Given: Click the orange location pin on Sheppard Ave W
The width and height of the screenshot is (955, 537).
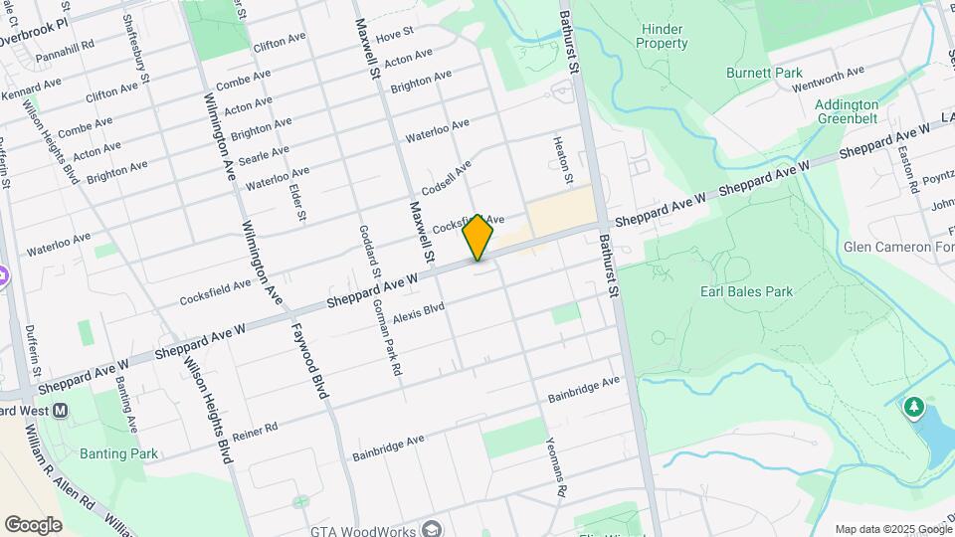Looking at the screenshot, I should (x=477, y=237).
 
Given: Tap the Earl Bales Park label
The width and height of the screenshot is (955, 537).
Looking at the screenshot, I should (x=746, y=291).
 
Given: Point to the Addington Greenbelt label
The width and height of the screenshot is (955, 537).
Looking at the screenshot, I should (x=846, y=111).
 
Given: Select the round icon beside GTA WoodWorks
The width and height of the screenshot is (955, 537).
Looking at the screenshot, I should (x=431, y=528).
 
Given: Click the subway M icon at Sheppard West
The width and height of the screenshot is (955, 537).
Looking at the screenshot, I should (x=61, y=410).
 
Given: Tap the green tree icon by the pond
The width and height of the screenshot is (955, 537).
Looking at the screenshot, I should (x=913, y=407).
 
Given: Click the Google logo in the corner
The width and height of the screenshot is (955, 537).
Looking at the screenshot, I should (x=32, y=525).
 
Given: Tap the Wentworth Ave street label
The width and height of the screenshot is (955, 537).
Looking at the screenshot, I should (x=828, y=79).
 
